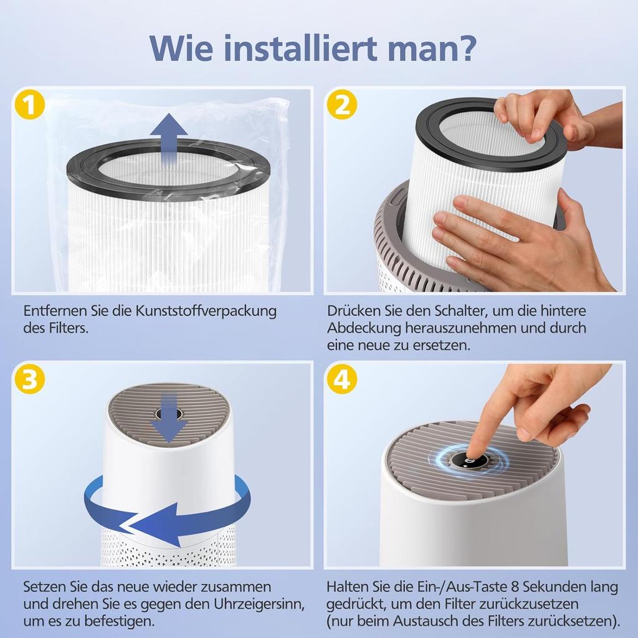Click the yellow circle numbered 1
tap(30, 105)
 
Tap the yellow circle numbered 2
tap(342, 105)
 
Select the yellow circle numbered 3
tap(30, 379)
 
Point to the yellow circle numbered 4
tap(342, 379)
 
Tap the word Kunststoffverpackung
tap(206, 312)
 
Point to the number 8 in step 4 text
tap(515, 587)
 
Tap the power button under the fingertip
tap(469, 461)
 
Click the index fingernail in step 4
tap(472, 454)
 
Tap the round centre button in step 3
tap(168, 414)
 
